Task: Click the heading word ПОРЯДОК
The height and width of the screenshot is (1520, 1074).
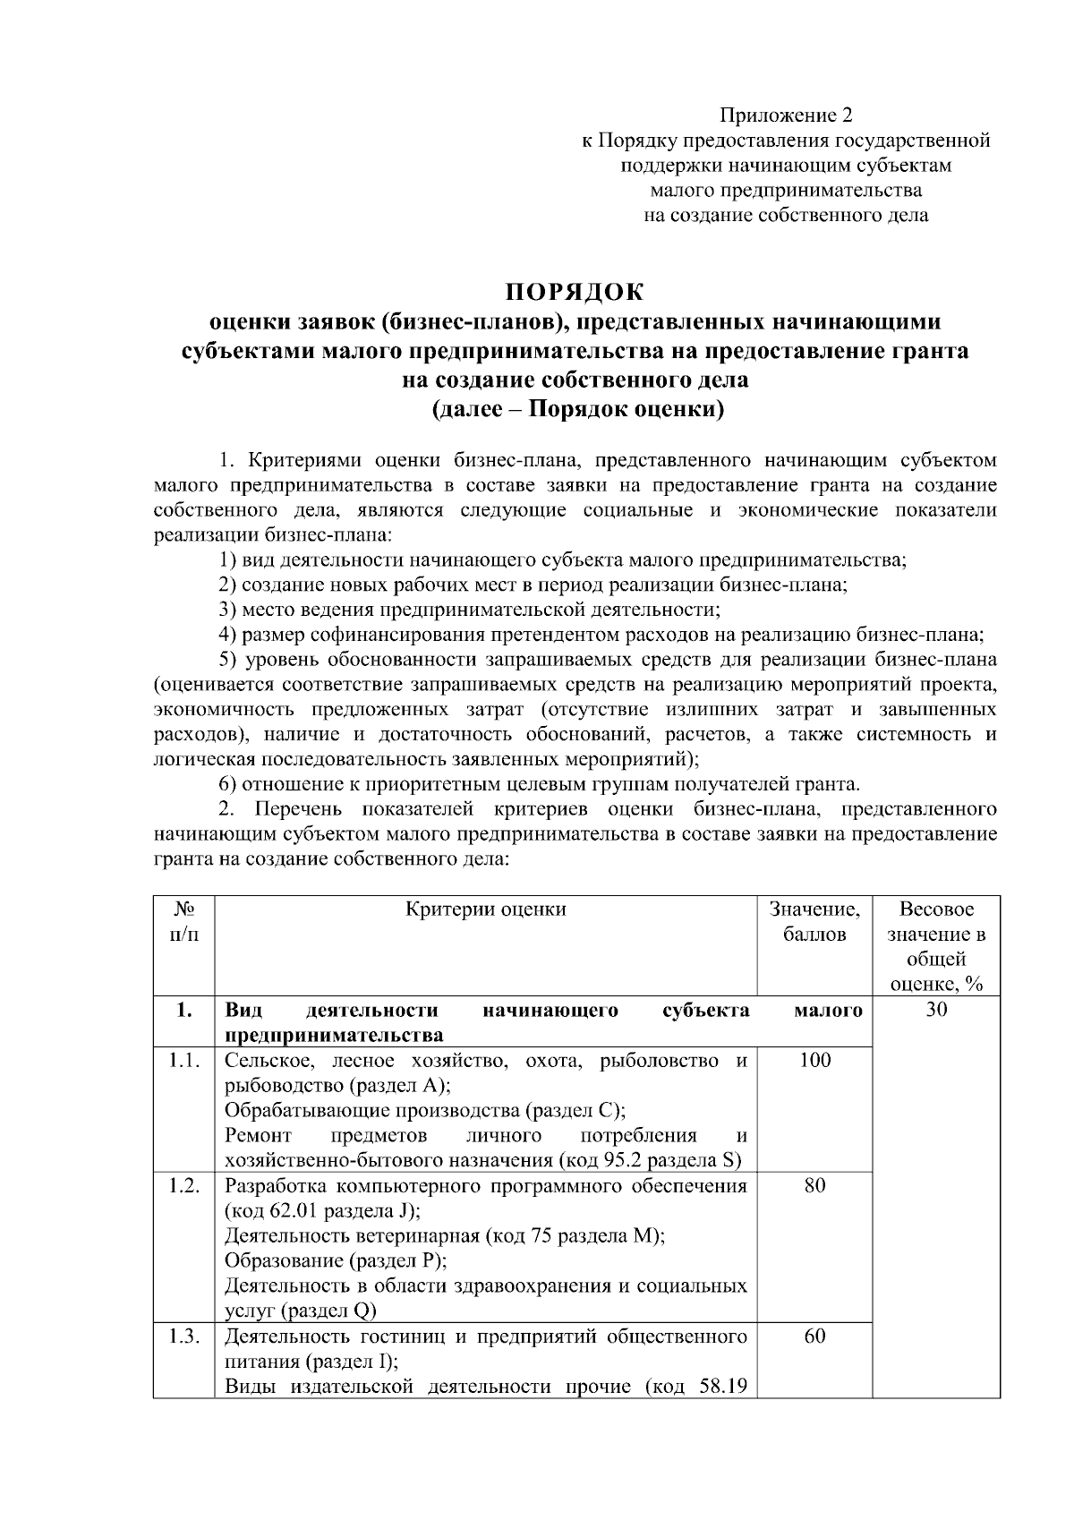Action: click(x=574, y=293)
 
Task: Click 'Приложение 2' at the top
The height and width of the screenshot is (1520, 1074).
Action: click(x=787, y=115)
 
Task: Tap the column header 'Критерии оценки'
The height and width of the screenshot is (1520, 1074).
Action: click(x=486, y=909)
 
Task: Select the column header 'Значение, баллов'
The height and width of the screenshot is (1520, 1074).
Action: click(x=814, y=922)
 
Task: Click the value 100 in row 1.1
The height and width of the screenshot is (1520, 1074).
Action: click(x=814, y=1061)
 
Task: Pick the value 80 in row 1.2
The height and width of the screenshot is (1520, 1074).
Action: click(x=814, y=1186)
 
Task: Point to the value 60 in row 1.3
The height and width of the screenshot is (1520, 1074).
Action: click(x=814, y=1336)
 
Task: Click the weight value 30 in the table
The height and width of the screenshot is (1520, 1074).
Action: click(x=936, y=1011)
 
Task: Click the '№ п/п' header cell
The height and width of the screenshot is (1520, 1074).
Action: click(x=184, y=922)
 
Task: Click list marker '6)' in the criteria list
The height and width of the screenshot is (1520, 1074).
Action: click(x=228, y=785)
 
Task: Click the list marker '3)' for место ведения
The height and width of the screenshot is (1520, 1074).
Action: click(x=228, y=611)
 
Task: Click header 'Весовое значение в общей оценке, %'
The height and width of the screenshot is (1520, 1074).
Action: click(x=936, y=947)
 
